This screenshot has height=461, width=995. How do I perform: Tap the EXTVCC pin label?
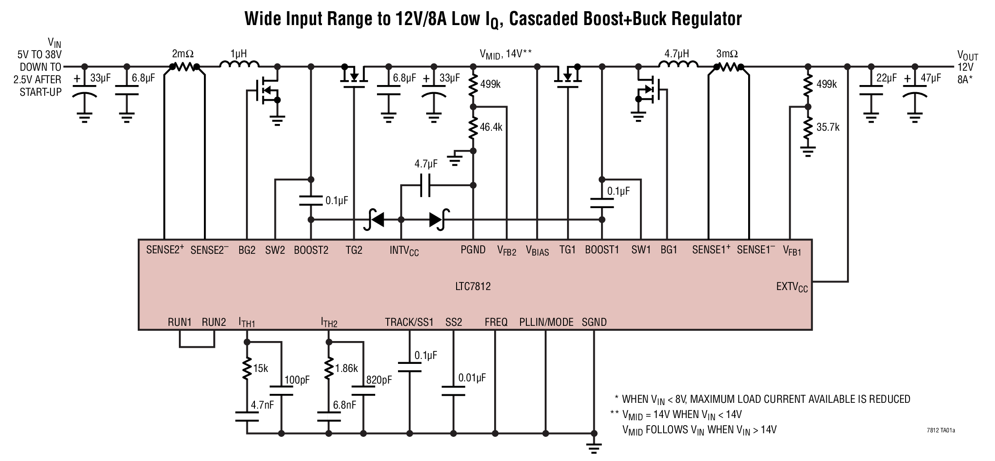[792, 287]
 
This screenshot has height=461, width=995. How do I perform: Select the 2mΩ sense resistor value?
[182, 54]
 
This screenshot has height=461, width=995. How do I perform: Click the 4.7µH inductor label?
[676, 54]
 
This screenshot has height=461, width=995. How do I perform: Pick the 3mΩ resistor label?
[727, 54]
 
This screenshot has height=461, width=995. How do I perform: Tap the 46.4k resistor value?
[491, 128]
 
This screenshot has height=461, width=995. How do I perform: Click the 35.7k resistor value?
[828, 128]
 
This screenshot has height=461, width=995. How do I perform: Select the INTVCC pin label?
[404, 251]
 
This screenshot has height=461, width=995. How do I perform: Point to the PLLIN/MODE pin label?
[546, 322]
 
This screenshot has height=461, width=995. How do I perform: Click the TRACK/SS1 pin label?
[409, 322]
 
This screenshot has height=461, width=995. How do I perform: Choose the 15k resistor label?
[260, 368]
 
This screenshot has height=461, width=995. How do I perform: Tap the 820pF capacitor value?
[379, 380]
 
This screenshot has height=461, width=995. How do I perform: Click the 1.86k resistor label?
[347, 368]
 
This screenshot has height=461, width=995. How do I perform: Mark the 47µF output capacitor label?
[930, 78]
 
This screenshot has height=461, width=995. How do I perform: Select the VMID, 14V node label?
[505, 54]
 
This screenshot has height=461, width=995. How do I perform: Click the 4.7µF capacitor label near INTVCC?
[426, 164]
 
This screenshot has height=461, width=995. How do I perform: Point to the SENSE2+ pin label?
[165, 250]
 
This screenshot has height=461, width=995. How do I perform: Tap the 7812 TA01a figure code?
[940, 431]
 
